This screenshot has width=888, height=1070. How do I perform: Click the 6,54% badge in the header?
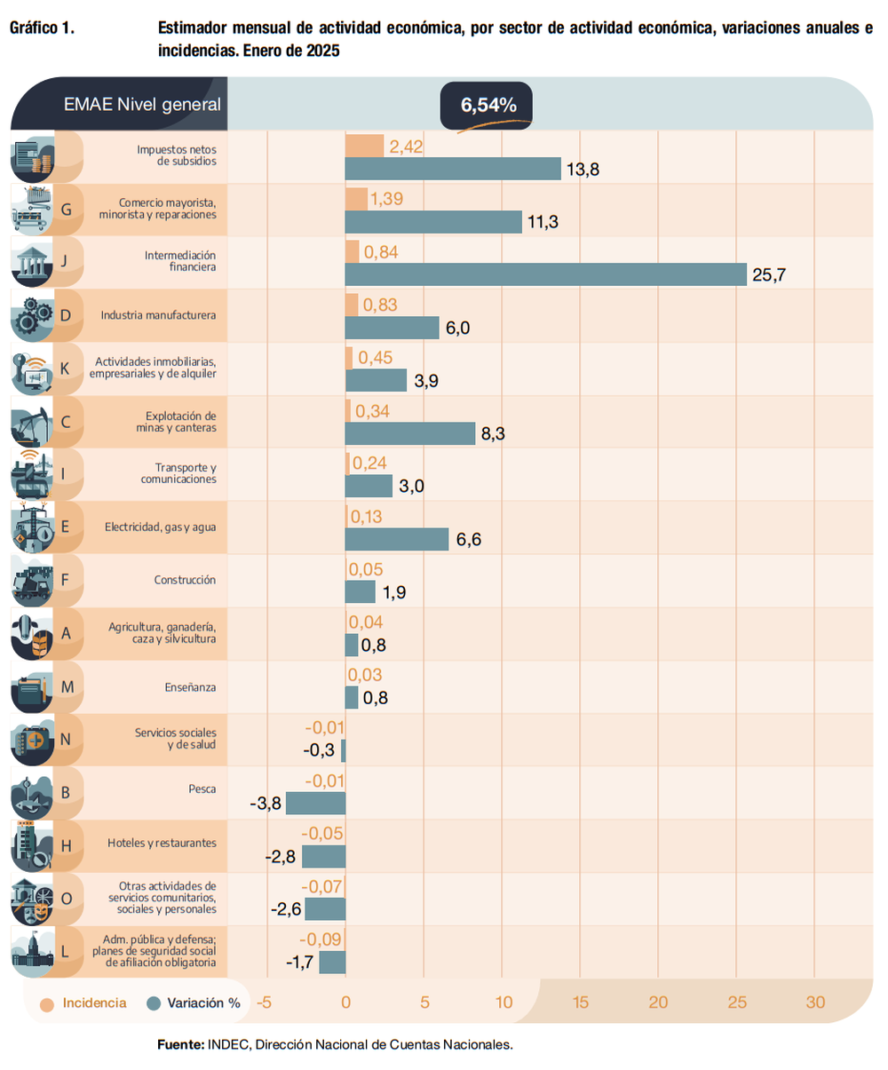point(487,106)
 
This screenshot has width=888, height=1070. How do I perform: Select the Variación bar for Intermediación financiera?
point(545,275)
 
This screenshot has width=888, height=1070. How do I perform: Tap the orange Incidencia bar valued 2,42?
point(364,147)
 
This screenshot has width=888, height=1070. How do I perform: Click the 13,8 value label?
point(583,170)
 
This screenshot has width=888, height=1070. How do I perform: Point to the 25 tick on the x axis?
point(737,1003)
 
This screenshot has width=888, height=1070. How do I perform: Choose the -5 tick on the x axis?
point(264,1003)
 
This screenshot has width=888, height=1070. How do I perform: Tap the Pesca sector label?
point(202,789)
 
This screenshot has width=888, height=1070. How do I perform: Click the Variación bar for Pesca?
point(315,804)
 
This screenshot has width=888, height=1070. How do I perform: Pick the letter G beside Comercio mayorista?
point(66,210)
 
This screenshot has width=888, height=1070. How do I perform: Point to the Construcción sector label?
point(185,580)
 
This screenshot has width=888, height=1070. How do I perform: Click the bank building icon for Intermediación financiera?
point(32,262)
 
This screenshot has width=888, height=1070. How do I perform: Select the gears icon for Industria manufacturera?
point(32,315)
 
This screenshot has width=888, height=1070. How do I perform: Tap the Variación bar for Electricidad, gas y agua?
point(397,539)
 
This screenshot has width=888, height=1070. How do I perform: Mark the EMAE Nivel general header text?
point(142,105)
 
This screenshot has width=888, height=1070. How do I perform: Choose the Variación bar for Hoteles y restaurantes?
point(323,857)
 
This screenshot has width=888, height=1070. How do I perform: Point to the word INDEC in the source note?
point(228,1045)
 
